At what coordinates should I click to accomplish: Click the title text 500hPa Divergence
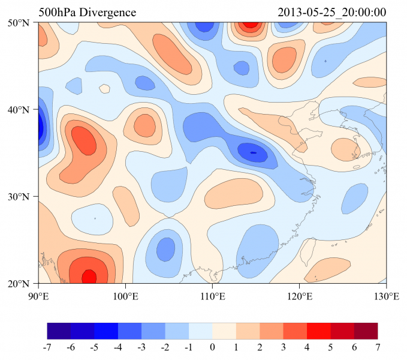(x=88, y=13)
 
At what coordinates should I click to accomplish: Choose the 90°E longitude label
(x=38, y=296)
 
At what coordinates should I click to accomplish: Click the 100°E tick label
(x=125, y=296)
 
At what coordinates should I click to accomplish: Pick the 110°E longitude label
(x=212, y=296)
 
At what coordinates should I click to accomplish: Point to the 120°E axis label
(x=299, y=296)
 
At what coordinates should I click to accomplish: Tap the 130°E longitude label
(x=386, y=296)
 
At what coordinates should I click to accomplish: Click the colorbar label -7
(x=47, y=347)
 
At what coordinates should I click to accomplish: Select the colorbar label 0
(x=212, y=347)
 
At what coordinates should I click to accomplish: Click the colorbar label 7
(x=378, y=347)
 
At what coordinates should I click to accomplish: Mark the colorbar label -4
(x=118, y=347)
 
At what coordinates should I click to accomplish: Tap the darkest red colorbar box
(x=366, y=331)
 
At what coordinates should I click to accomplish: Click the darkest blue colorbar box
(x=59, y=331)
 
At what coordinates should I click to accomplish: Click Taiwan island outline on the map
(x=310, y=250)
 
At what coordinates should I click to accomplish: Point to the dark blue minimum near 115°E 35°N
(x=252, y=152)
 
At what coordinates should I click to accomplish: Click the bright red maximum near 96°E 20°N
(x=89, y=277)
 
